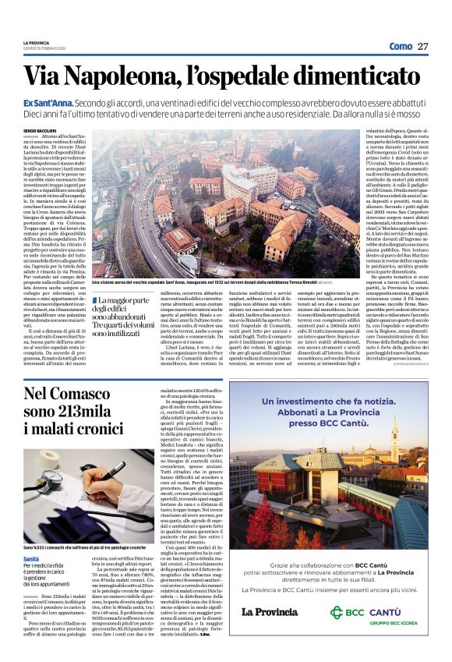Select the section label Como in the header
click(x=400, y=46)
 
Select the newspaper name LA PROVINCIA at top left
click(x=37, y=42)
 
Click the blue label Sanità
click(x=31, y=558)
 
